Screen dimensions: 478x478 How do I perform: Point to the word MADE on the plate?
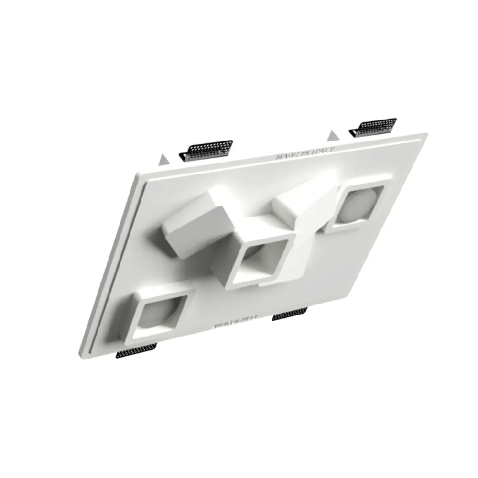pyautogui.click(x=286, y=156)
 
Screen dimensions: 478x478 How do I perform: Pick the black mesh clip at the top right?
pyautogui.click(x=374, y=126)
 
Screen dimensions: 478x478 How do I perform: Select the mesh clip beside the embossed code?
pyautogui.click(x=290, y=314)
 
